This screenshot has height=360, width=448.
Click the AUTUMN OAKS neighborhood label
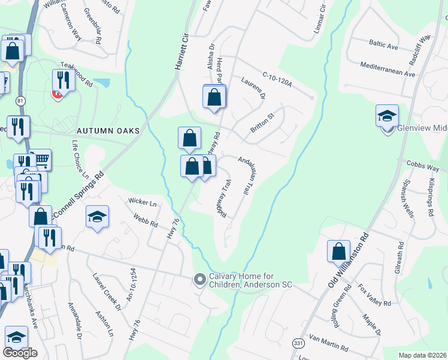108,131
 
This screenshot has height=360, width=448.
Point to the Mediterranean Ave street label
388,70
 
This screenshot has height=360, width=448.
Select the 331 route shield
298,343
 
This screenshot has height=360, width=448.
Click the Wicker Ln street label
142,203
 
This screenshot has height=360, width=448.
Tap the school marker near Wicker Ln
97,217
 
